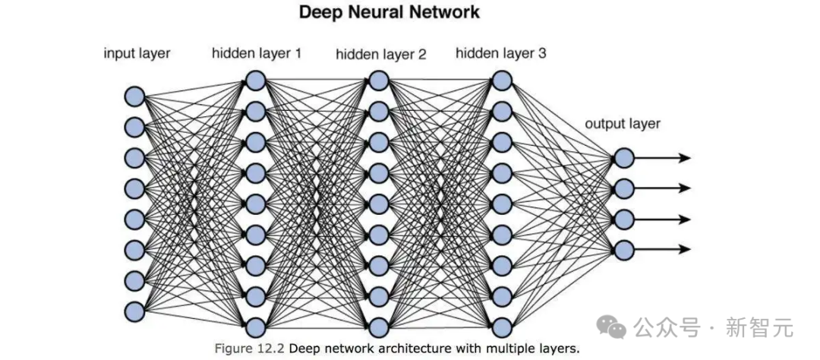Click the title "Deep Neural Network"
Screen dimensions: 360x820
[x=389, y=12]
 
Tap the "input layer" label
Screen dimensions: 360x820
[x=137, y=54]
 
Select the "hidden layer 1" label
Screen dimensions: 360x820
[x=257, y=54]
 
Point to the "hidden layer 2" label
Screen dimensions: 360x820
[x=381, y=55]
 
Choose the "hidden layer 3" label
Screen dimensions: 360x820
[x=501, y=53]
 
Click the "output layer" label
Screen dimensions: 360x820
[x=623, y=124]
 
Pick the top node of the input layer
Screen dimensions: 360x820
[x=134, y=96]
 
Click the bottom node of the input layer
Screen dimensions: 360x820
[x=134, y=311]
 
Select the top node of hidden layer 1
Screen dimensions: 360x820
[x=256, y=80]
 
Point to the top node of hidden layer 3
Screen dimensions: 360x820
[x=500, y=80]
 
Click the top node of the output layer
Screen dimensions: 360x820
[x=623, y=157]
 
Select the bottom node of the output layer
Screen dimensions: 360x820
[x=623, y=249]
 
